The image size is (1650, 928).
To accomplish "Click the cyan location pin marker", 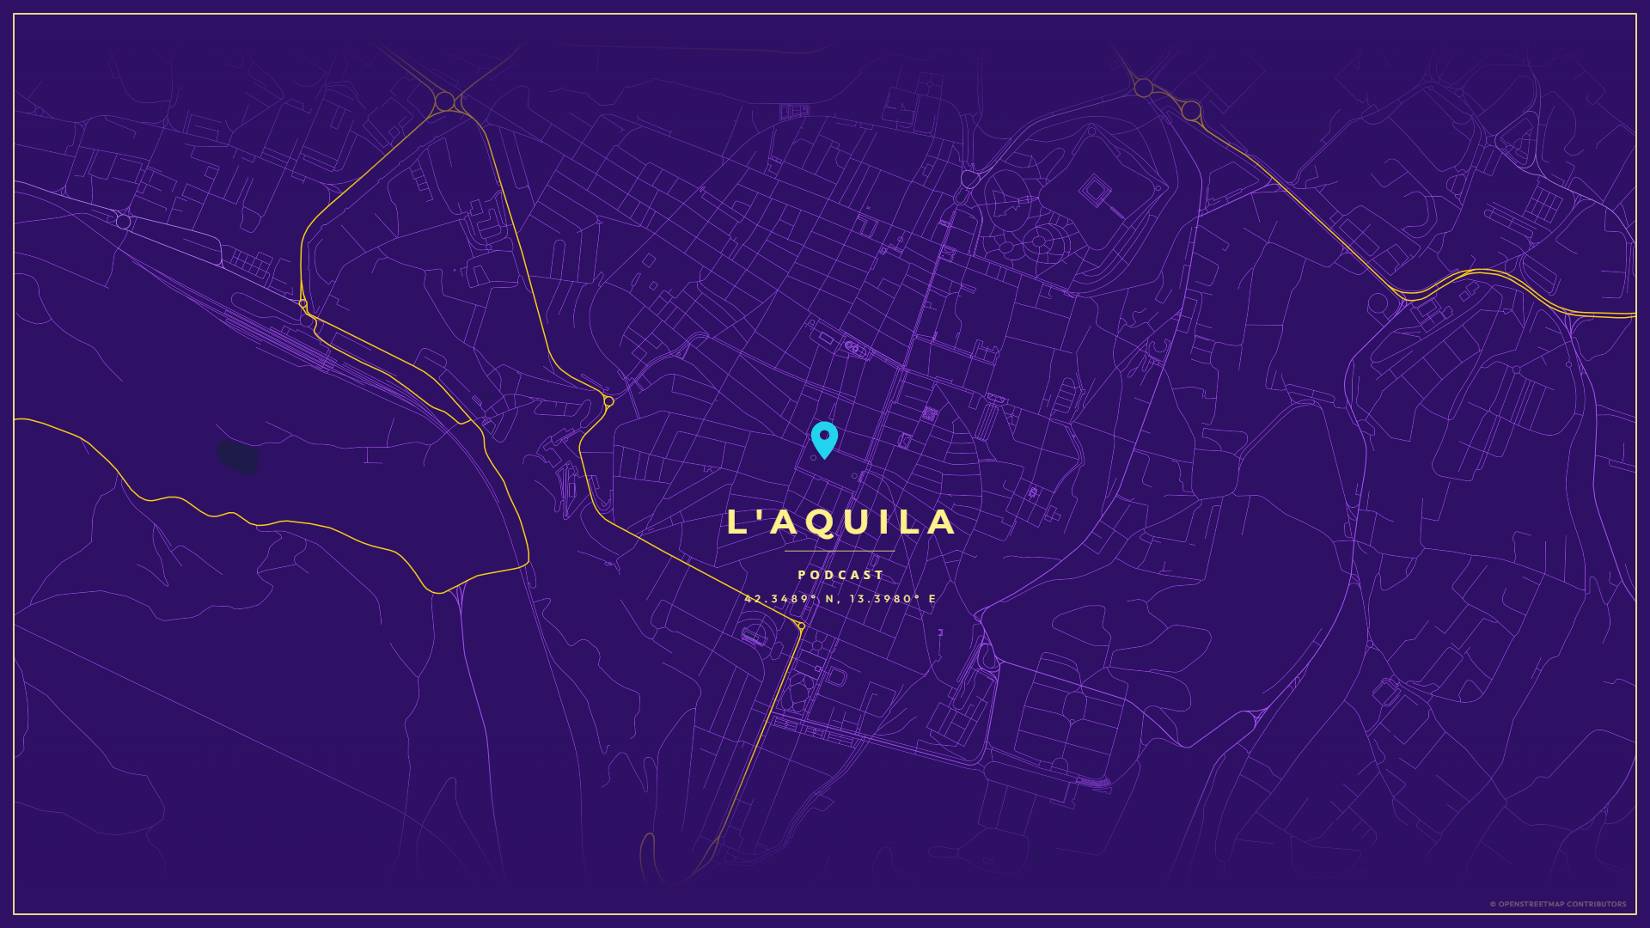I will click(824, 439).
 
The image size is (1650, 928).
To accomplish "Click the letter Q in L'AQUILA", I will click(821, 523).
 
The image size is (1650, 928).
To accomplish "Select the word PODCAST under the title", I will click(840, 575).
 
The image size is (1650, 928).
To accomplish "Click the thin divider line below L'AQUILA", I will click(840, 551).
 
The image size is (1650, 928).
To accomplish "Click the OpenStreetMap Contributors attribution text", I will click(1557, 904).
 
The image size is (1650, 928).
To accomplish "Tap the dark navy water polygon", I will click(237, 457).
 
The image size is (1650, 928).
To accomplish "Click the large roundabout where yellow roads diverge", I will click(444, 101).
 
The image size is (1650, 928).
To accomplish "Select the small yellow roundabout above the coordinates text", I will click(801, 626).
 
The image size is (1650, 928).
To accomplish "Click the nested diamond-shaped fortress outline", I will click(1095, 188).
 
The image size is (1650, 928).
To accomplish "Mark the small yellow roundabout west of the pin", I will click(608, 401).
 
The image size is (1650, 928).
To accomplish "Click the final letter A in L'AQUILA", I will click(942, 522).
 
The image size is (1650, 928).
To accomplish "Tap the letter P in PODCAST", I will click(802, 575).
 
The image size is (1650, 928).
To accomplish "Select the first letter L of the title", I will click(736, 522).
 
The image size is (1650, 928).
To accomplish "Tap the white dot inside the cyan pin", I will click(824, 435).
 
